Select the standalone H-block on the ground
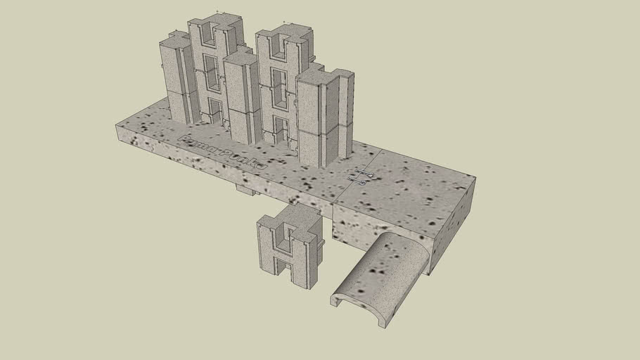[288, 246]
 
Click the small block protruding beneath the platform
[245, 188]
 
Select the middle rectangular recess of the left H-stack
[211, 70]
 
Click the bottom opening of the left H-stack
[214, 112]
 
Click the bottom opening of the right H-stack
[281, 130]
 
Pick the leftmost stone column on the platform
[176, 77]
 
